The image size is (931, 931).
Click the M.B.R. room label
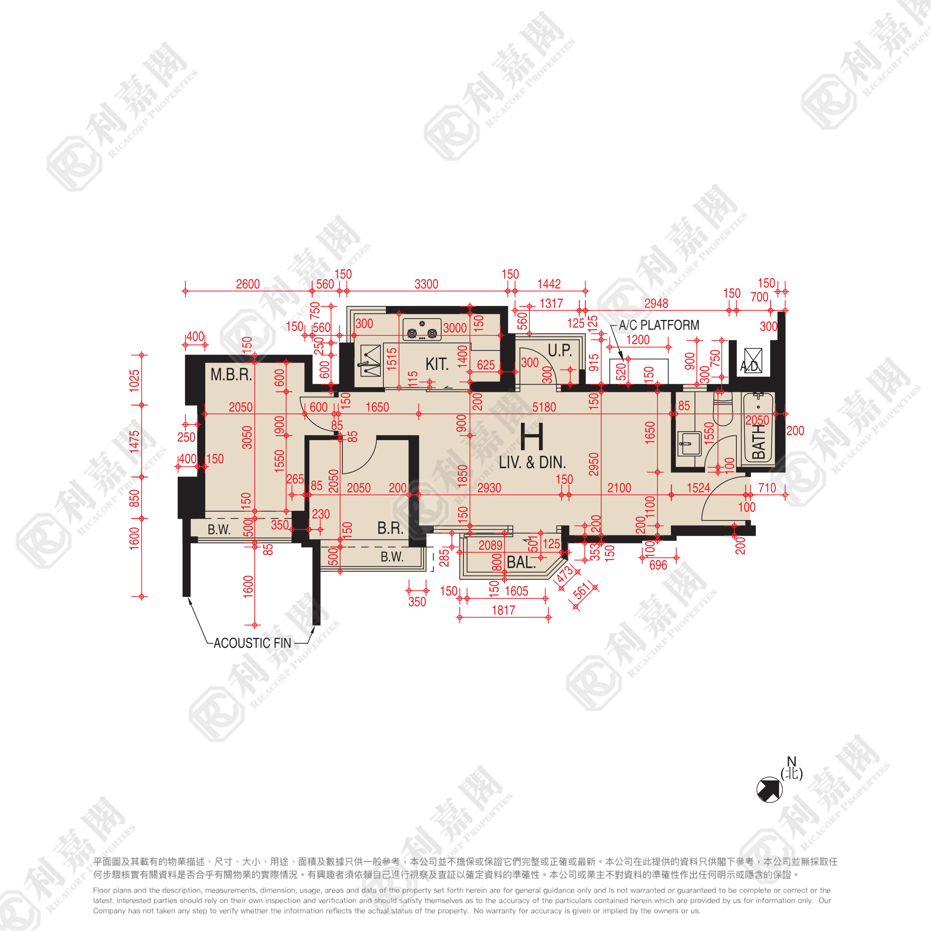[x=231, y=375]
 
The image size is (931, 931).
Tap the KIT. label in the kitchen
[x=437, y=364]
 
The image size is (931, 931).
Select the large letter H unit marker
[x=532, y=436]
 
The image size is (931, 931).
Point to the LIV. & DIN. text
[x=532, y=463]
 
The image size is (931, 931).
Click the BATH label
[x=758, y=441]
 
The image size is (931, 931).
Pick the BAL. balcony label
[x=521, y=562]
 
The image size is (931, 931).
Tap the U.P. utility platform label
[x=559, y=350]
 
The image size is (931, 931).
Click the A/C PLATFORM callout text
[x=659, y=325]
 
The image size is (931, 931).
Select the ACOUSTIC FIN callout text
[x=253, y=643]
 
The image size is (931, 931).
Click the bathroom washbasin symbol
[x=689, y=443]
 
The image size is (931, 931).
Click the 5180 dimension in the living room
[x=544, y=408]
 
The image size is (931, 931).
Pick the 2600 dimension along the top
[x=248, y=284]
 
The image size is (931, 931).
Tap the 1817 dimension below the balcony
[x=503, y=611]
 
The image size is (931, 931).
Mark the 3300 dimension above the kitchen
[x=427, y=284]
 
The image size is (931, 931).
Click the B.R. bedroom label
[x=390, y=529]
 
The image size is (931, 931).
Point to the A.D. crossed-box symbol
[x=753, y=361]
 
